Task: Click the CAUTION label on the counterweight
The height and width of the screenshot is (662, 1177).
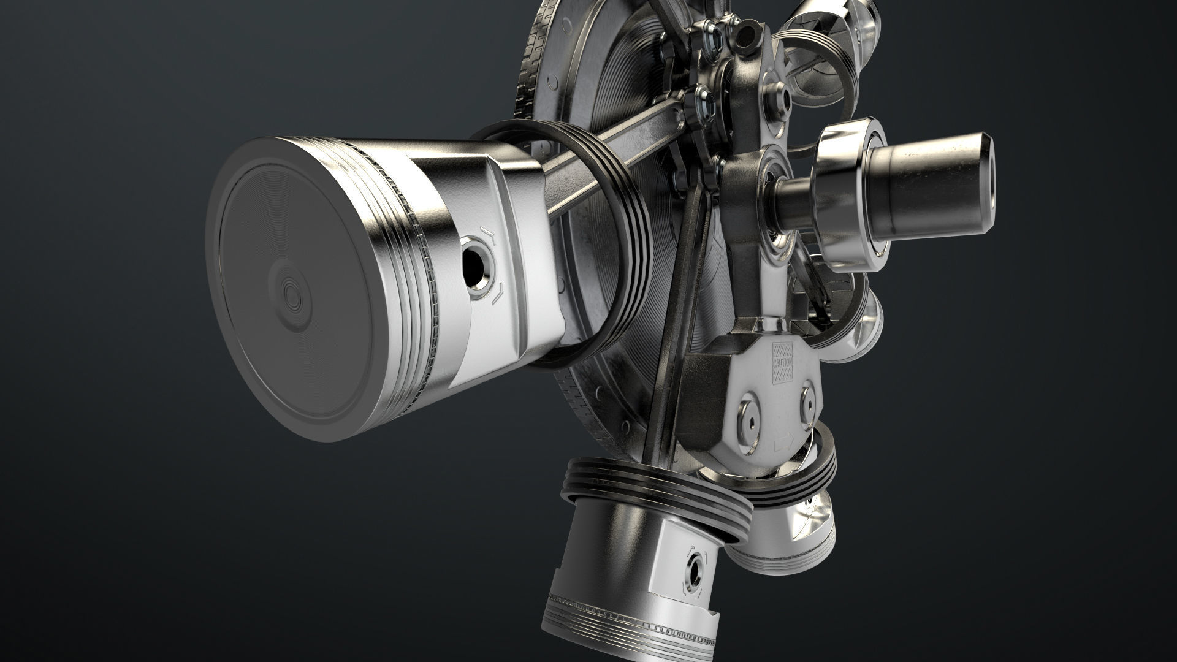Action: click(783, 362)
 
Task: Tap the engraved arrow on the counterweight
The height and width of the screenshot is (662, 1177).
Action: click(783, 440)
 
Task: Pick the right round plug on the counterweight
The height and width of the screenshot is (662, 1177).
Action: click(807, 399)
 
